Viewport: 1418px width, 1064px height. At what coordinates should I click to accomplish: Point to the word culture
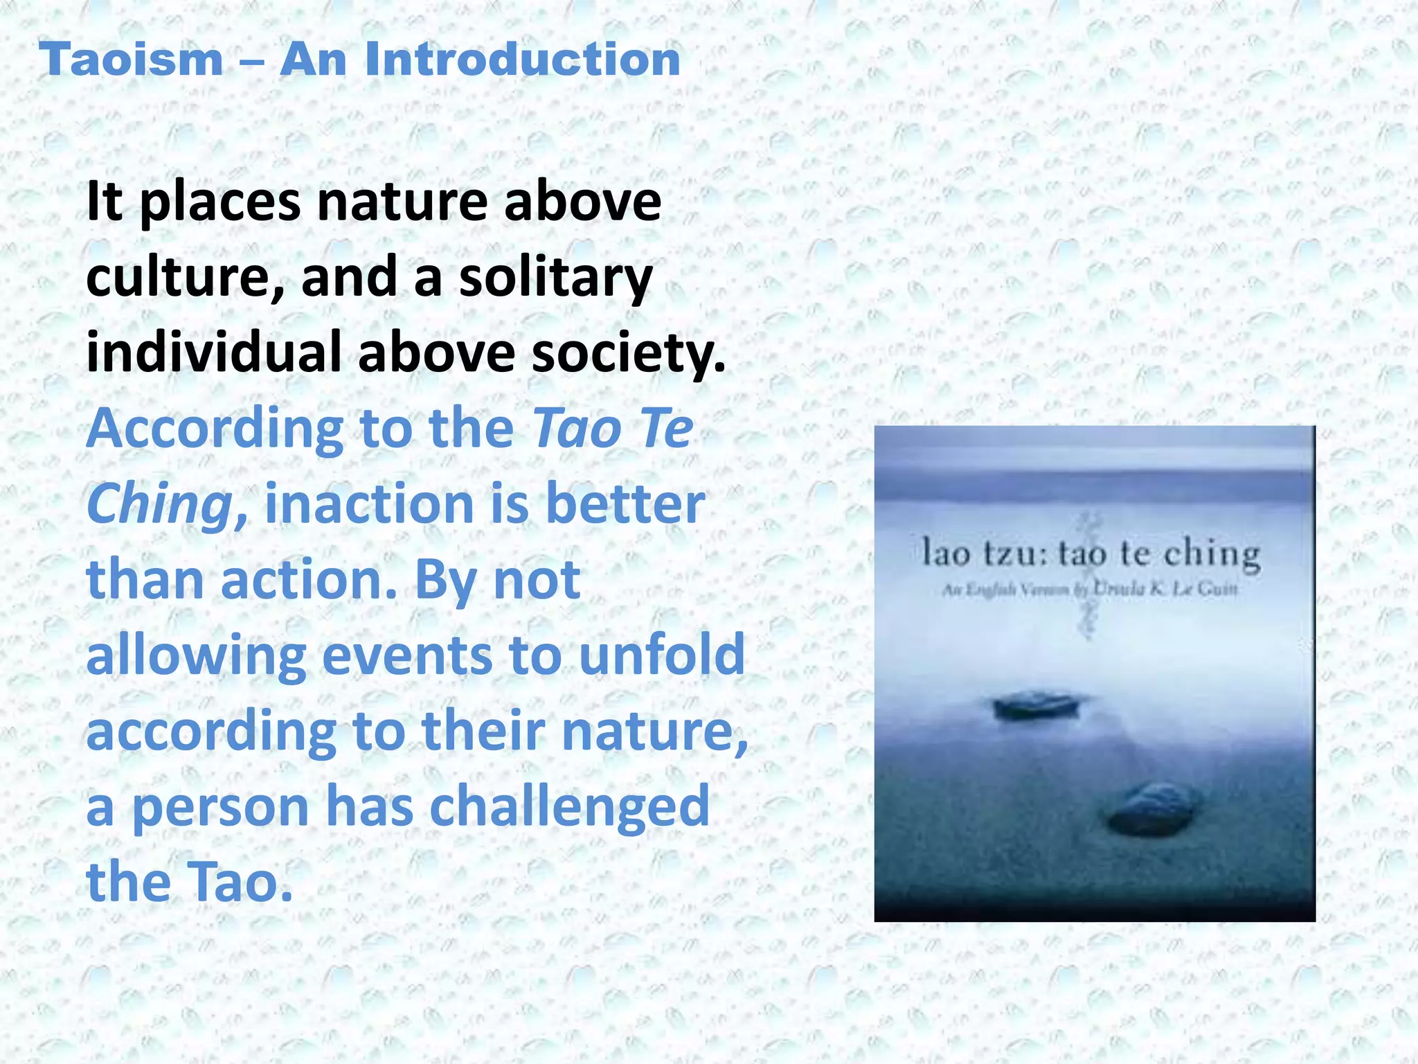pos(184,277)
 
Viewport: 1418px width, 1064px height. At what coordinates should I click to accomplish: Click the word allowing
pos(196,656)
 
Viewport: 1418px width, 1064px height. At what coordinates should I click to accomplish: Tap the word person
pos(220,808)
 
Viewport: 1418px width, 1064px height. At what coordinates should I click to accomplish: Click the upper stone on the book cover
pos(1036,705)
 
